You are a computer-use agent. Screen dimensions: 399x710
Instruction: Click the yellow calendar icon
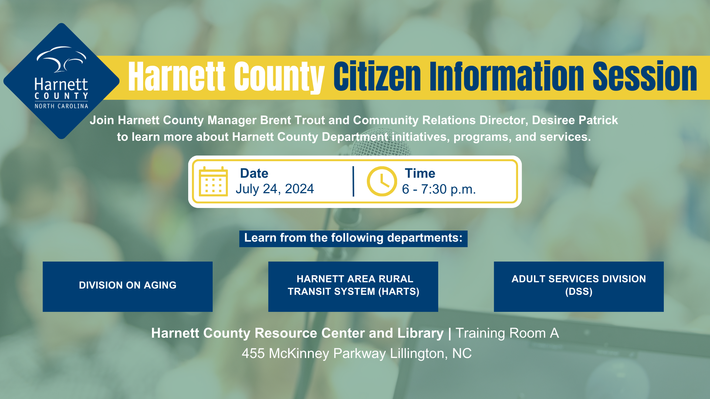pyautogui.click(x=213, y=181)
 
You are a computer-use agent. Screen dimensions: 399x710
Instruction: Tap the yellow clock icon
pyautogui.click(x=382, y=181)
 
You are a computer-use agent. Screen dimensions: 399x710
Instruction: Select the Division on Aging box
pyautogui.click(x=128, y=286)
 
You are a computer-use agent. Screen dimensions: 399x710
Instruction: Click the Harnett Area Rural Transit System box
pyautogui.click(x=353, y=286)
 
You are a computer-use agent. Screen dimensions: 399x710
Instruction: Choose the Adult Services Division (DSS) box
pyautogui.click(x=579, y=286)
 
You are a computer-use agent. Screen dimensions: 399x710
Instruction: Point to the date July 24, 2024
pyautogui.click(x=275, y=189)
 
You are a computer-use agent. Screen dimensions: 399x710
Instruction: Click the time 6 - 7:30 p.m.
pyautogui.click(x=439, y=190)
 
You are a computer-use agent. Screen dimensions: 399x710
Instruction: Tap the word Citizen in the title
pyautogui.click(x=377, y=76)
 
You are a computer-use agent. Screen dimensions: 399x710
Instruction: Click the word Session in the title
pyautogui.click(x=645, y=76)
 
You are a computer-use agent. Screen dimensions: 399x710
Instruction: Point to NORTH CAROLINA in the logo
pyautogui.click(x=61, y=106)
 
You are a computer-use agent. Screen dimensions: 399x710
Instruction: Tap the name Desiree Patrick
pyautogui.click(x=575, y=120)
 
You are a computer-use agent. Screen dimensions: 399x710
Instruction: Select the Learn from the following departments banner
pyautogui.click(x=353, y=238)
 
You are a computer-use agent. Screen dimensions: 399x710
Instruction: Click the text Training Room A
pyautogui.click(x=507, y=333)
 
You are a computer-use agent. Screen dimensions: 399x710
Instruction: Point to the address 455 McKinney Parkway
pyautogui.click(x=314, y=354)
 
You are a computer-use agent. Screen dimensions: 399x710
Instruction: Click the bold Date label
pyautogui.click(x=254, y=173)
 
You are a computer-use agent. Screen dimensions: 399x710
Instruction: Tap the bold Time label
pyautogui.click(x=420, y=173)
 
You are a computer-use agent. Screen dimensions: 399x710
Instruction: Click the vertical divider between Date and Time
pyautogui.click(x=354, y=181)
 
